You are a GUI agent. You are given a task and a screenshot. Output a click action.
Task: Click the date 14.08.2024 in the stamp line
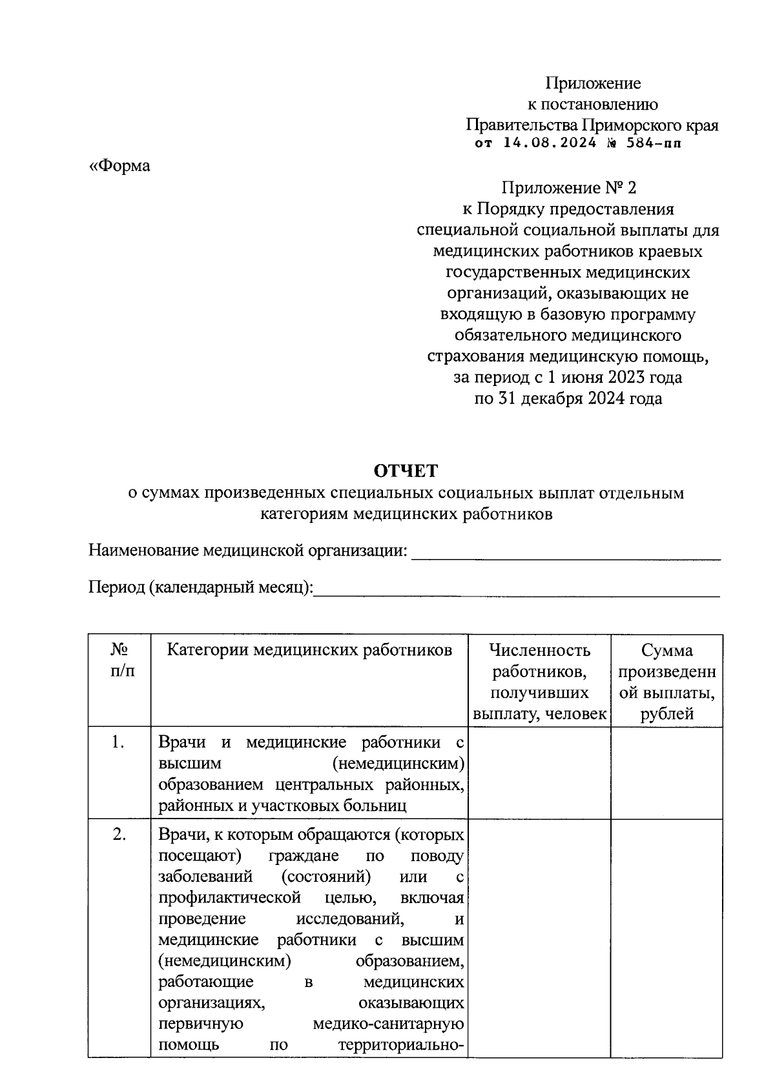click(x=550, y=143)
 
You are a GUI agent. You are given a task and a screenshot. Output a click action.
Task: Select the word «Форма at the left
click(x=119, y=166)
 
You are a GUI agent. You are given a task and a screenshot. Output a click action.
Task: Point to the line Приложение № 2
click(x=568, y=188)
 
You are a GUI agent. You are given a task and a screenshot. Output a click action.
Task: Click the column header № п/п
click(x=119, y=660)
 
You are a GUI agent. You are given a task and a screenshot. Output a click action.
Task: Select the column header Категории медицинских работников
click(x=309, y=650)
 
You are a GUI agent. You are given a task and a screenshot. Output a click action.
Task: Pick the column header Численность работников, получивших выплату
click(x=539, y=682)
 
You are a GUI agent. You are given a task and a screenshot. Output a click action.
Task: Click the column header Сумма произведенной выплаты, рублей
click(x=666, y=682)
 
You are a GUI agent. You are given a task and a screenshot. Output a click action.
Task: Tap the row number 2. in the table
click(x=119, y=835)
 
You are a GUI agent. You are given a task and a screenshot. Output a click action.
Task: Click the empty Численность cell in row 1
click(x=539, y=773)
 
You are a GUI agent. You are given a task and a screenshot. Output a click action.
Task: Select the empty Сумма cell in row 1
click(x=666, y=773)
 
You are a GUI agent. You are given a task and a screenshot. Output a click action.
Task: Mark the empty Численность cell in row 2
click(x=539, y=936)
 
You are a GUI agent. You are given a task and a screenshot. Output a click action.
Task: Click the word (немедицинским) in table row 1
click(x=398, y=764)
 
